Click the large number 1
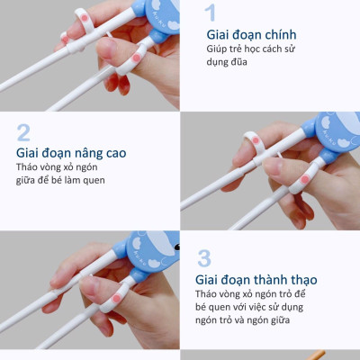(211, 13)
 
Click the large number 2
(23, 132)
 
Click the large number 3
(204, 258)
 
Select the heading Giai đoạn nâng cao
(71, 153)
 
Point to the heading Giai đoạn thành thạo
(256, 280)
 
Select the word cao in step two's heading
(114, 153)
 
